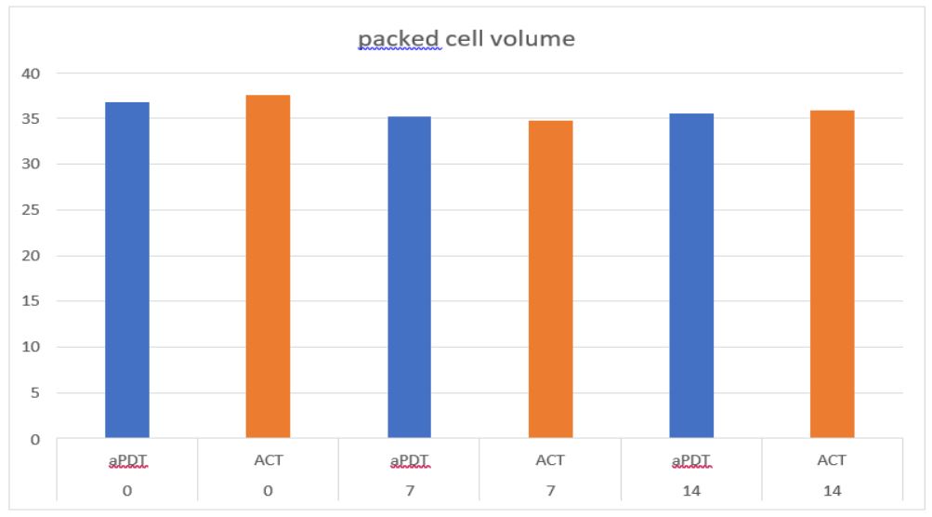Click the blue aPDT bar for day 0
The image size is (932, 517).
127,270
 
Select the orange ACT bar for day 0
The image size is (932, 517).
268,266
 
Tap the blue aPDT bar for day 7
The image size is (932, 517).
409,277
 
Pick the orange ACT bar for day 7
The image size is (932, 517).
550,279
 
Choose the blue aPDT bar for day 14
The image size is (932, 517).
691,275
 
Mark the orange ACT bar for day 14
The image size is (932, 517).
832,274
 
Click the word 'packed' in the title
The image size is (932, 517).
400,39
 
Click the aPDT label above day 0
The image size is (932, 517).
127,460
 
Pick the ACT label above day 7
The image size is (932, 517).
550,460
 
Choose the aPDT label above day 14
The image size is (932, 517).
691,460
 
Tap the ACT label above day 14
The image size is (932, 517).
832,460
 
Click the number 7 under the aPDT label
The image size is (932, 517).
409,489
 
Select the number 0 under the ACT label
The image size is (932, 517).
268,489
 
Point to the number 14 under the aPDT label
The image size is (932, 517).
691,489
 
